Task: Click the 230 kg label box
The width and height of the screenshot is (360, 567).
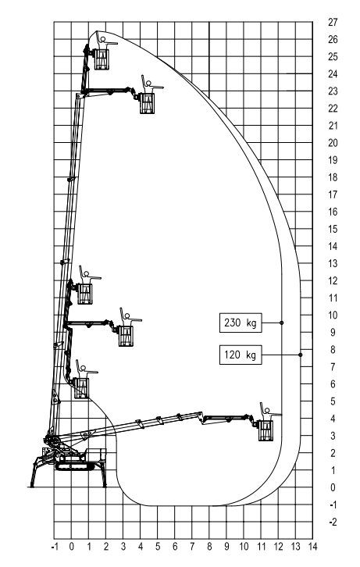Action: pos(241,323)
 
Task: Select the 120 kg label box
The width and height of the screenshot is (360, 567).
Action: pos(241,355)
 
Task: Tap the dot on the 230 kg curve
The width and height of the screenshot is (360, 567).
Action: pos(282,323)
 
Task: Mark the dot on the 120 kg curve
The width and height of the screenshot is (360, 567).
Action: pos(300,355)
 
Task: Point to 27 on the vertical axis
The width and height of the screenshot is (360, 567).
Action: pos(333,22)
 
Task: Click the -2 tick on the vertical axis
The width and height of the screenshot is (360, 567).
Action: pos(333,522)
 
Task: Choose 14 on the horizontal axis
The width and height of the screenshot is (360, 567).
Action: pos(312,547)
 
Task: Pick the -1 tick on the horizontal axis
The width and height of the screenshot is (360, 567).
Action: pos(55,547)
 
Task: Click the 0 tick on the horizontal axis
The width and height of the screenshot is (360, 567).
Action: pos(72,547)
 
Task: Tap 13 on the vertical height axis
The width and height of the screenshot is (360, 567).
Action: pos(333,263)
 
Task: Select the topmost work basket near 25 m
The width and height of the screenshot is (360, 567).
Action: pos(102,59)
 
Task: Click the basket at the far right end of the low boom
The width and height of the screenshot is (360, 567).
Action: pos(266,430)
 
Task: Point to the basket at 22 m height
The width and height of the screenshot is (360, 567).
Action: pos(147,103)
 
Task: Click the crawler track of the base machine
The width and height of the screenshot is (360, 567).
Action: pos(74,466)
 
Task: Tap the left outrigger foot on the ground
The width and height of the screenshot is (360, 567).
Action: pos(32,487)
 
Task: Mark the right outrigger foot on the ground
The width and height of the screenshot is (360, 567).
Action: pos(105,487)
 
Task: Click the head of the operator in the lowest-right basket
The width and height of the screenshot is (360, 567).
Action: pos(267,411)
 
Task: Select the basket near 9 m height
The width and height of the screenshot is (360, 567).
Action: pos(126,336)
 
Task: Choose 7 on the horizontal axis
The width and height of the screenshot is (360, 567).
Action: pos(192,547)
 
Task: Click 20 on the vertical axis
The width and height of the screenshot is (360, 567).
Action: pos(333,143)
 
